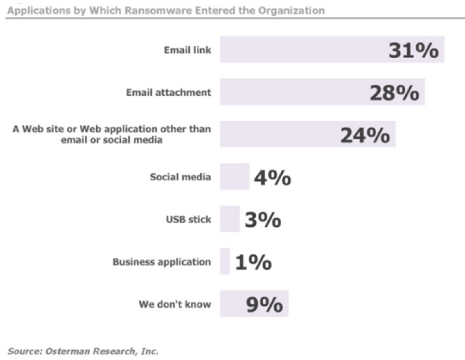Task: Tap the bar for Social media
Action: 234,177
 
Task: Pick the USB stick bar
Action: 229,219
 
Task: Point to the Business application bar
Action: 225,261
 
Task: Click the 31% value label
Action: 413,51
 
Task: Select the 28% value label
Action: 394,93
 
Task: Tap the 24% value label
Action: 365,135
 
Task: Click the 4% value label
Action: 272,177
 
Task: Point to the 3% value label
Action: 262,220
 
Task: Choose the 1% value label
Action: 253,262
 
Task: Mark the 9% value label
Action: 264,304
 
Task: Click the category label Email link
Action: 187,50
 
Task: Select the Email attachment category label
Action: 169,92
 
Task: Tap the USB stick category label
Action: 188,219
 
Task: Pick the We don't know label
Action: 175,304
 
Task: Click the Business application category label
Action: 162,262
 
